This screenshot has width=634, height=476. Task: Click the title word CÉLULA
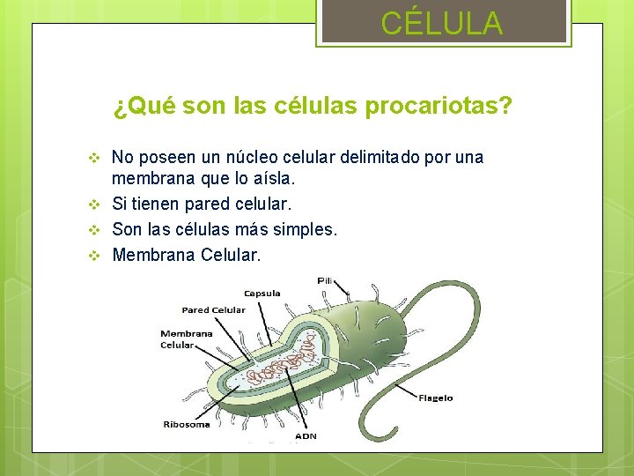(442, 23)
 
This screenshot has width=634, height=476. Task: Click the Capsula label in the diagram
(262, 294)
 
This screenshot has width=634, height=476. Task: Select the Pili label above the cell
(325, 280)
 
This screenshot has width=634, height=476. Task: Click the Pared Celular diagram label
(213, 310)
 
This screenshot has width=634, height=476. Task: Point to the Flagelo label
(436, 398)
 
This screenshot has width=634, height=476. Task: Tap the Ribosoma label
(187, 424)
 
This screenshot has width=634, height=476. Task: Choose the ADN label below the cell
(306, 435)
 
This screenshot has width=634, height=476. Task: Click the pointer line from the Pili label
(344, 292)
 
